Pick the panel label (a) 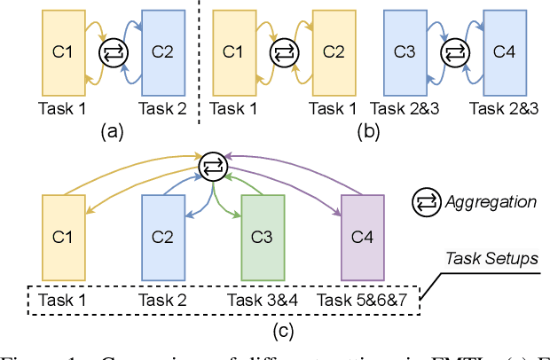pos(111,132)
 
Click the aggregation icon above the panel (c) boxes pos(213,164)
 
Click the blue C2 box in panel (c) pos(163,237)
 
